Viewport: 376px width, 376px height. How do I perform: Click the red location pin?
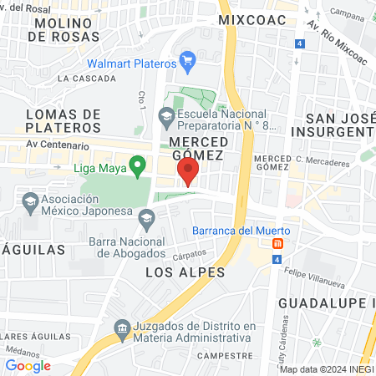[x=188, y=172]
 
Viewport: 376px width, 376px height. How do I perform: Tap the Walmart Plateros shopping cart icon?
[x=188, y=62]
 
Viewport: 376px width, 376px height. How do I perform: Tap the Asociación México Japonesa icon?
[x=31, y=201]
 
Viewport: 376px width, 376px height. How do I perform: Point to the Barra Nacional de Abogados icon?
[x=147, y=219]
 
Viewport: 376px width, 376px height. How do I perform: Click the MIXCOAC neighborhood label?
[x=252, y=18]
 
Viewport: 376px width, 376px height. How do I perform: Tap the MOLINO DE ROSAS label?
[x=65, y=28]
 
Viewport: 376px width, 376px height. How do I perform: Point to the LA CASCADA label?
[x=87, y=78]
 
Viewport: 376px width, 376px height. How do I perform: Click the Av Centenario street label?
[x=57, y=145]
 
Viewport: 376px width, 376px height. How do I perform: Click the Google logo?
[x=28, y=365]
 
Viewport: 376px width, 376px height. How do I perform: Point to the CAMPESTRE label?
[x=225, y=354]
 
